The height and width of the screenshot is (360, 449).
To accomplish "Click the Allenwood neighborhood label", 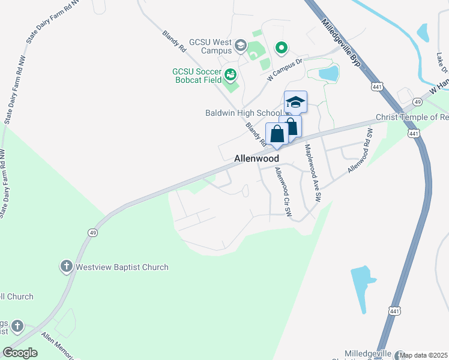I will coord(256,158).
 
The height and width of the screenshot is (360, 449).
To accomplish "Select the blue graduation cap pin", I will coord(295,102).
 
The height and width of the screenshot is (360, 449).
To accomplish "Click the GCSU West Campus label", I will coord(210,46).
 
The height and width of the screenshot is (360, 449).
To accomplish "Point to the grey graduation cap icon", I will coord(240,46).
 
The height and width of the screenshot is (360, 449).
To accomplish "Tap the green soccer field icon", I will coord(231,75).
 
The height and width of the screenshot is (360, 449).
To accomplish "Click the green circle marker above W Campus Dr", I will coord(280,47).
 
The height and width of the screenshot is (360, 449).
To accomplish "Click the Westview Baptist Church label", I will coord(121,267).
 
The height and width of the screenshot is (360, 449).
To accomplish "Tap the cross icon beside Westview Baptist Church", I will coord(66,266).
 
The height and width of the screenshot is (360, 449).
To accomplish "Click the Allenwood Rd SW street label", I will coord(358,157).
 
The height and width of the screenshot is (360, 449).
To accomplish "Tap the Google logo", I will coord(20,353).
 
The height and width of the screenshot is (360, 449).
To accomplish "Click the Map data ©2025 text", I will coord(423,355).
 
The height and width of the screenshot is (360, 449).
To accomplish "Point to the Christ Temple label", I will coord(412,117).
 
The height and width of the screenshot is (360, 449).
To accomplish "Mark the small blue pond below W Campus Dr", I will coord(328,74).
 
